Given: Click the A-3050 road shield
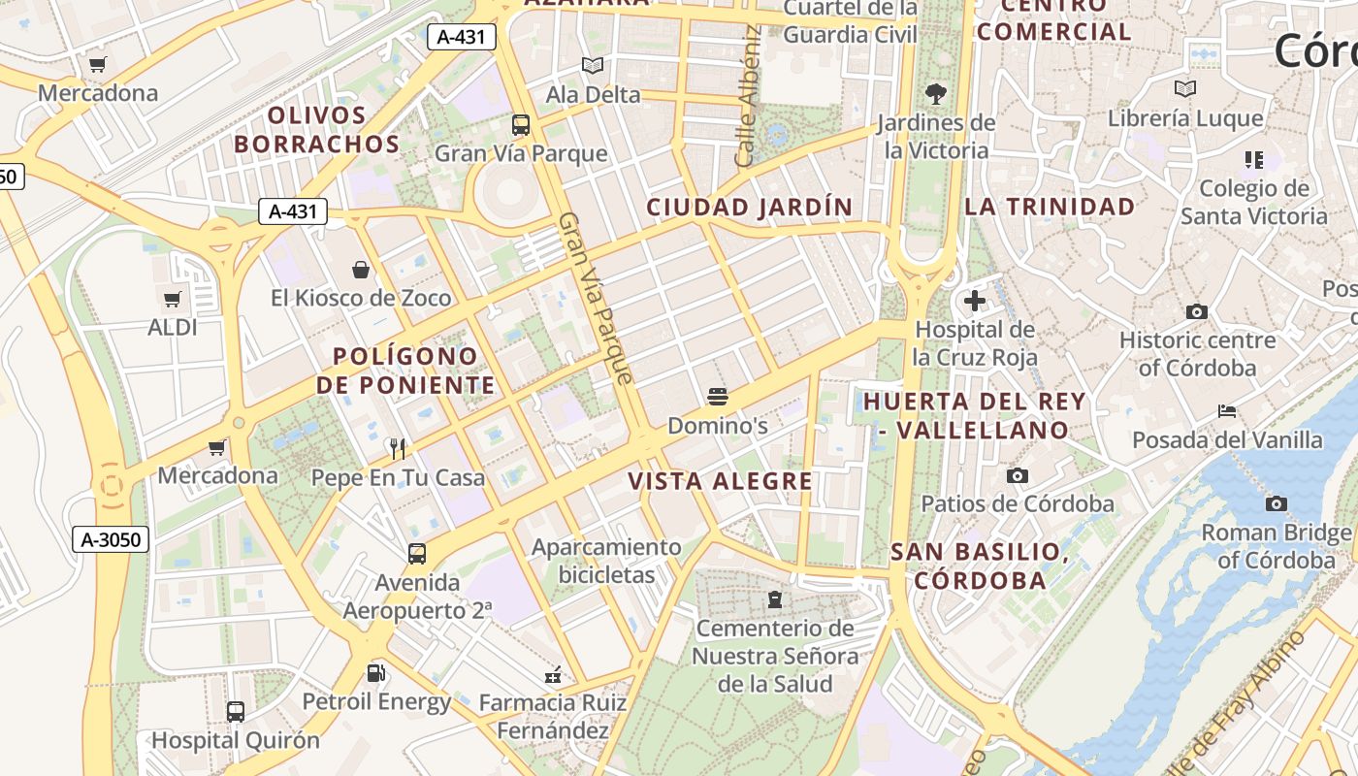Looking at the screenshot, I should [112, 539].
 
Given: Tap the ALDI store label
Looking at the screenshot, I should [173, 327].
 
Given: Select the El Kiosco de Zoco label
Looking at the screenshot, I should [361, 298].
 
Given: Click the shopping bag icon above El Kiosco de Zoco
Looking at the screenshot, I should [361, 270].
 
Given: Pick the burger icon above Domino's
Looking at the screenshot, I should [718, 397].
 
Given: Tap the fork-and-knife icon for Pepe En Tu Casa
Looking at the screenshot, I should [397, 448].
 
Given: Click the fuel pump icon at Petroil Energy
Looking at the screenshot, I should [375, 672].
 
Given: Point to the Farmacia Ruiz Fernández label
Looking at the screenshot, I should [553, 716].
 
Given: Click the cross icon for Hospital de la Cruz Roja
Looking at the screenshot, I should [975, 301].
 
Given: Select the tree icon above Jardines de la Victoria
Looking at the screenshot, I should [936, 94].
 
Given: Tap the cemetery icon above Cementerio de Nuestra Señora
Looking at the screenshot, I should [774, 599].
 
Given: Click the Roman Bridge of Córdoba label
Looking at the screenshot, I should [1276, 546].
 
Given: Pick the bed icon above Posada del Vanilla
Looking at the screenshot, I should [1227, 411].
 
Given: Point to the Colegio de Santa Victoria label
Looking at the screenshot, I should [1253, 202].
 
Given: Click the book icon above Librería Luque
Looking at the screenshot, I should [1185, 89].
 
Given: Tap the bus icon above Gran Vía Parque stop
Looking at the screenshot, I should [521, 125].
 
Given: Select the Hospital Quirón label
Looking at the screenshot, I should [235, 740].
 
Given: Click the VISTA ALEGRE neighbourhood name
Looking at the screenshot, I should [720, 481].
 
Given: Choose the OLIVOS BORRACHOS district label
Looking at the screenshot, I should [316, 130].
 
